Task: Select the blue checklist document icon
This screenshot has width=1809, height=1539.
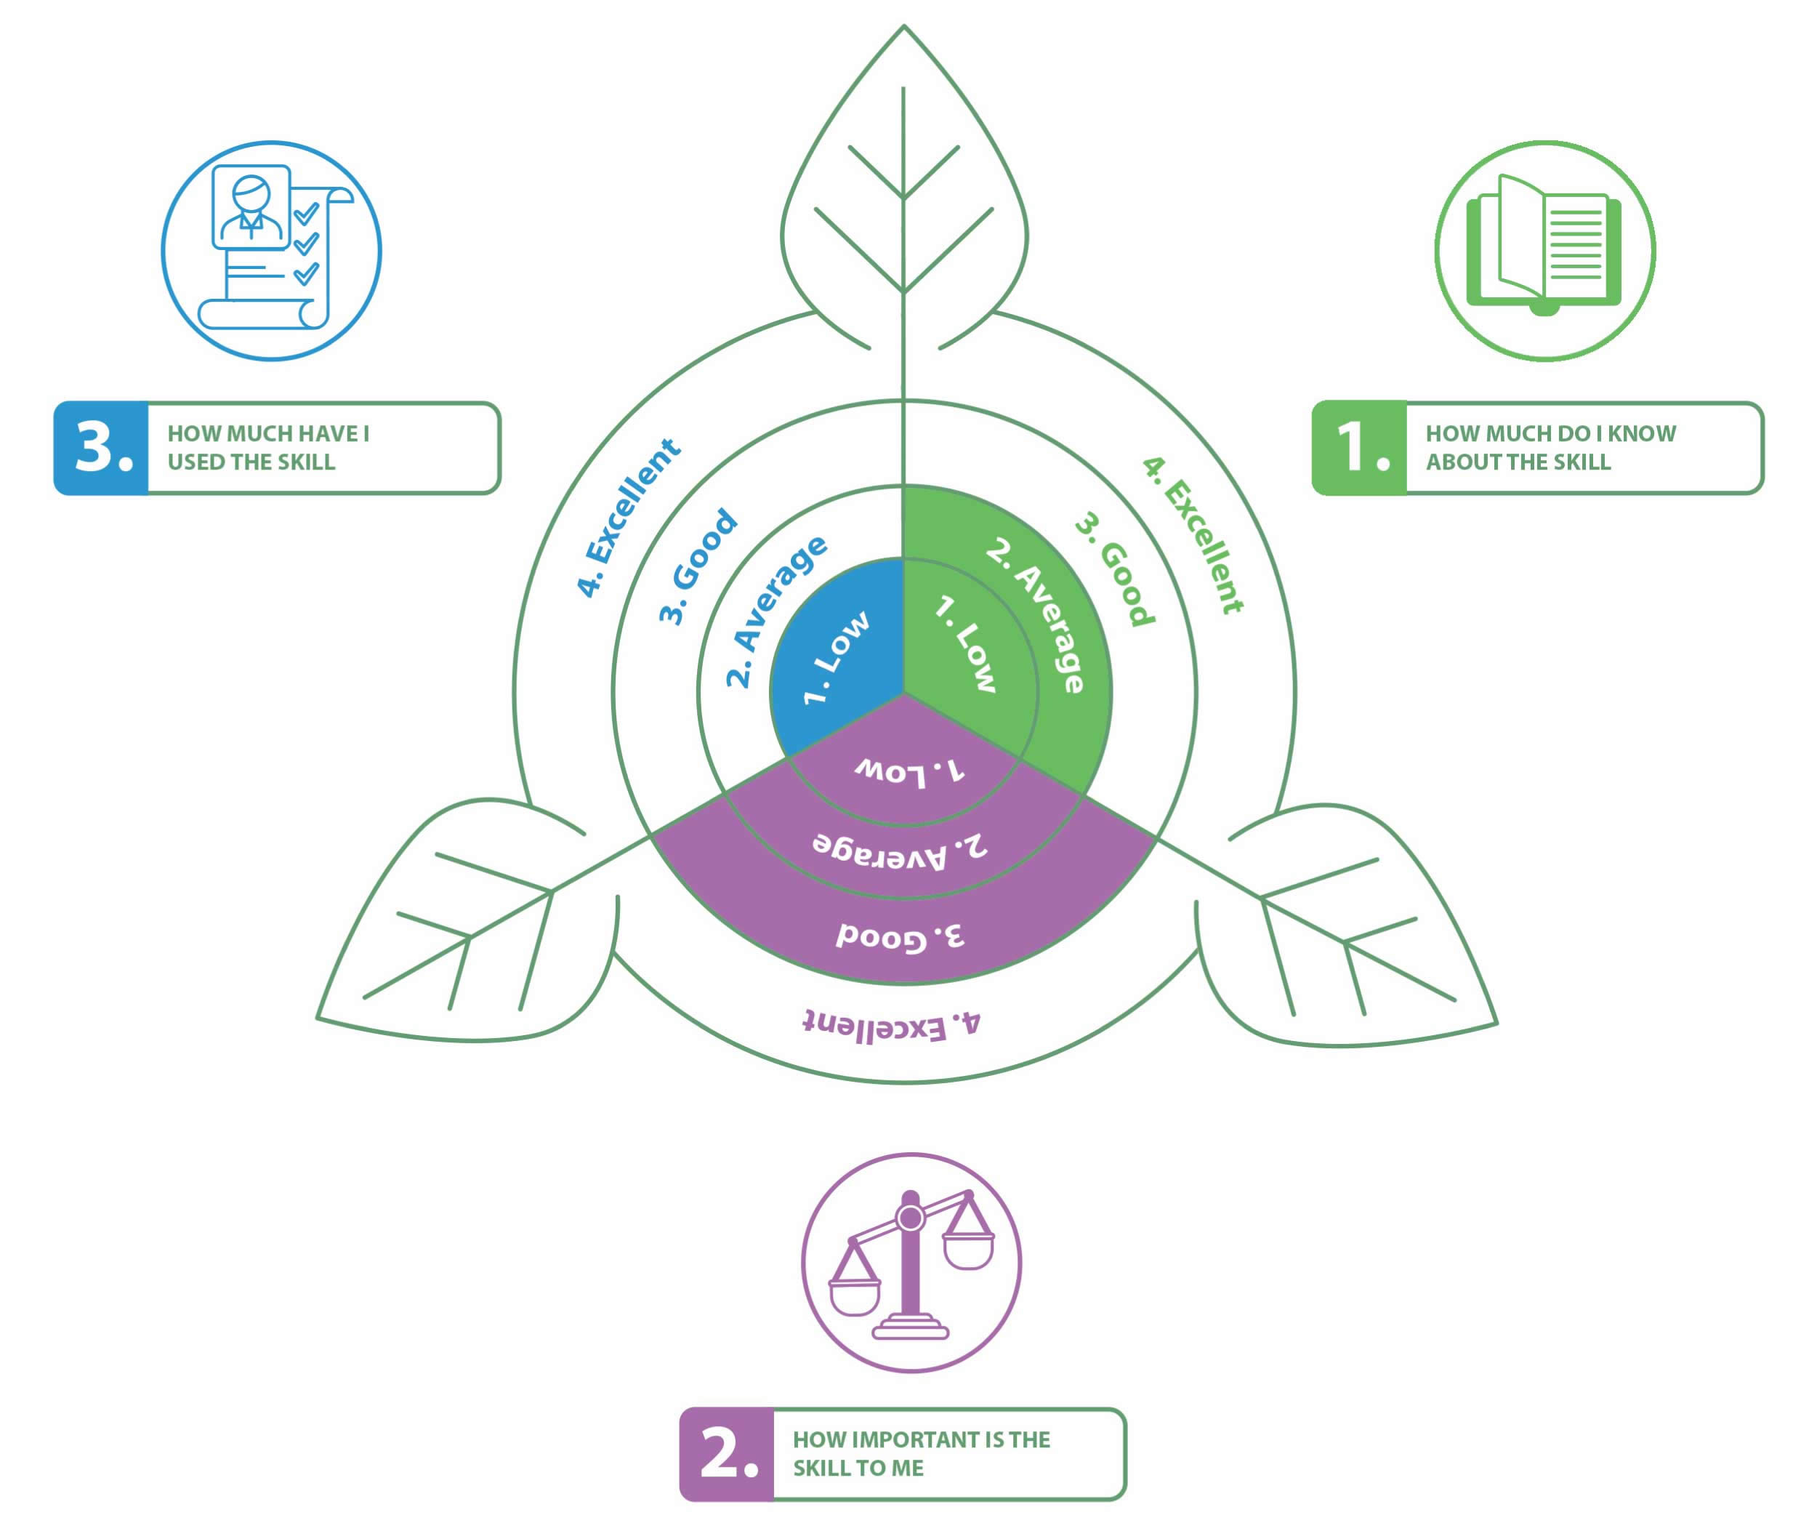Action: (271, 249)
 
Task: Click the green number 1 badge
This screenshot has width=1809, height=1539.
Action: (1359, 448)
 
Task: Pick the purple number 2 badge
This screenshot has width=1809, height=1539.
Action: (727, 1453)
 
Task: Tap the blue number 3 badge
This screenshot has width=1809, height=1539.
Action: (102, 448)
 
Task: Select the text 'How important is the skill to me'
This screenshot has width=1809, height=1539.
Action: (920, 1453)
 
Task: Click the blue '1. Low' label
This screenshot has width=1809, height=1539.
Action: (834, 657)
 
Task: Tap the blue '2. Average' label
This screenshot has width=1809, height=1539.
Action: (775, 611)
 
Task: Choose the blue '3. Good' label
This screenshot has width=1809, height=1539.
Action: (697, 566)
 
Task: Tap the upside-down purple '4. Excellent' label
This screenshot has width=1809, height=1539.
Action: (890, 1025)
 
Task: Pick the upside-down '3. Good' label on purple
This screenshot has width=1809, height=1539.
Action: (899, 936)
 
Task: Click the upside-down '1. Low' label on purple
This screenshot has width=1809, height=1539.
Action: (908, 771)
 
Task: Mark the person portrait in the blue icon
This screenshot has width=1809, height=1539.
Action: (251, 206)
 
